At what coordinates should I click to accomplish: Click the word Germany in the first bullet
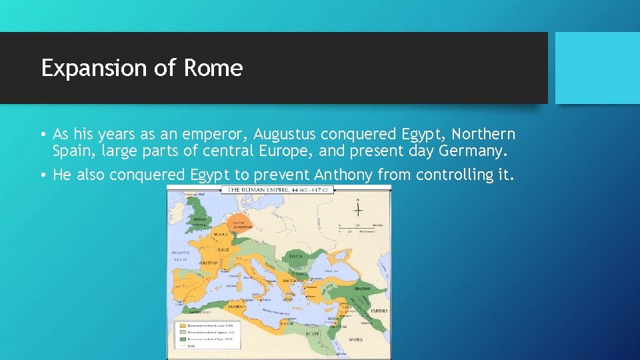coord(473,151)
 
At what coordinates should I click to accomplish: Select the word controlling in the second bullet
coord(457,175)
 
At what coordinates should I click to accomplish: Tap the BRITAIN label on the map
coord(199,218)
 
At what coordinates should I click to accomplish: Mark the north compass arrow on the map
coord(358,209)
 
